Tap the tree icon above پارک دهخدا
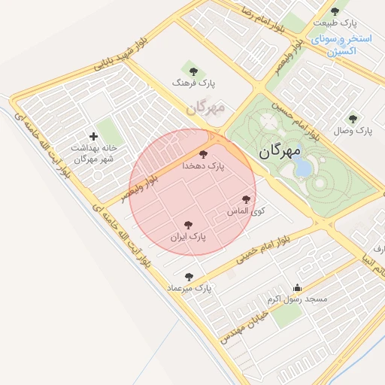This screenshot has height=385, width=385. coord(203,153)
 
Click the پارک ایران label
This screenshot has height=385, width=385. coord(187,236)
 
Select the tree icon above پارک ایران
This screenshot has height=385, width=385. coord(188,225)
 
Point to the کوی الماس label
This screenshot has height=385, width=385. coord(247,211)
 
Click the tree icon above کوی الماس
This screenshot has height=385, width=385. coord(246,199)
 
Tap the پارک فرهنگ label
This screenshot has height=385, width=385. coord(193,83)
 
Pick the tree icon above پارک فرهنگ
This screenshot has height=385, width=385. coord(193,71)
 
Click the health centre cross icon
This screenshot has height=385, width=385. coord(93,136)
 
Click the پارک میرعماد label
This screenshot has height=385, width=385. coord(193,288)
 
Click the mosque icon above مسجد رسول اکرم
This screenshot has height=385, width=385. coord(297,287)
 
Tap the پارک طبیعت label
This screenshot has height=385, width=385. coord(335,23)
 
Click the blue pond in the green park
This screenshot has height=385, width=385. coord(302,166)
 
